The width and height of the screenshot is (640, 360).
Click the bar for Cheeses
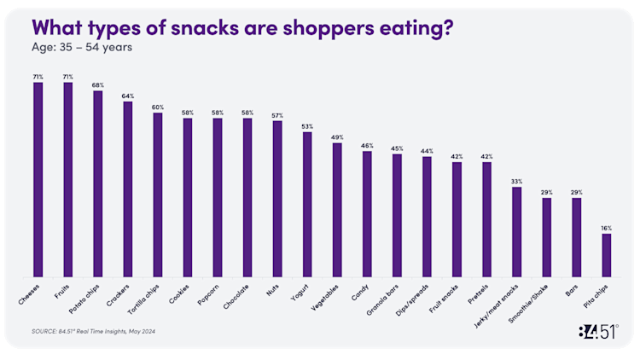point(38,179)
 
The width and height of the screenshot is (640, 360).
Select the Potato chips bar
point(97,183)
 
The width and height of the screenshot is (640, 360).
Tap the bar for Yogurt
point(307,205)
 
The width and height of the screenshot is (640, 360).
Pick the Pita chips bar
point(606,255)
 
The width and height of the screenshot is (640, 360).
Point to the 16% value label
point(606,228)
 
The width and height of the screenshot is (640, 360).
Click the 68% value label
point(97,84)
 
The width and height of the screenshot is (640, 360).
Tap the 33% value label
point(516,181)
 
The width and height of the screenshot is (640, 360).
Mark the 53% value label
point(307,126)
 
